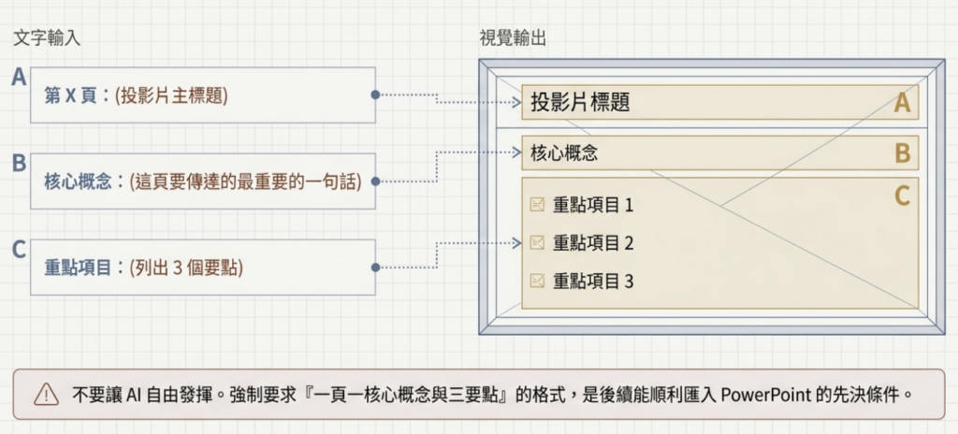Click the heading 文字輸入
[48, 39]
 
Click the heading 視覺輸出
[513, 39]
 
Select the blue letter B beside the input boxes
[18, 164]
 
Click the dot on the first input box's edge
[375, 95]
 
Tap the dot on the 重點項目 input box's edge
[375, 268]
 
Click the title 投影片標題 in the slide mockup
[580, 103]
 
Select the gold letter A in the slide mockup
[902, 103]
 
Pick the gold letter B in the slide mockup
[903, 152]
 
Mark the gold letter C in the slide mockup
[902, 196]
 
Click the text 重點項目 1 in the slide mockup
[593, 205]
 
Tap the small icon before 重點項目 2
[537, 243]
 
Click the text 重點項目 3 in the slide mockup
[593, 281]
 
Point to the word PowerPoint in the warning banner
[762, 395]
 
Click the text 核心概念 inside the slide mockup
[564, 152]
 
